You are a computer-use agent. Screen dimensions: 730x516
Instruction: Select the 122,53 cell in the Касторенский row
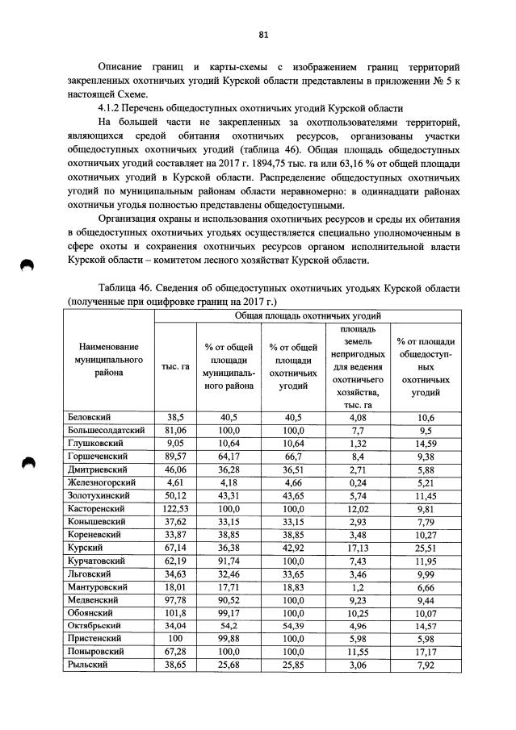tap(175, 510)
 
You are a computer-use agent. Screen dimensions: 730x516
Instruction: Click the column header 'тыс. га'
tap(175, 366)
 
